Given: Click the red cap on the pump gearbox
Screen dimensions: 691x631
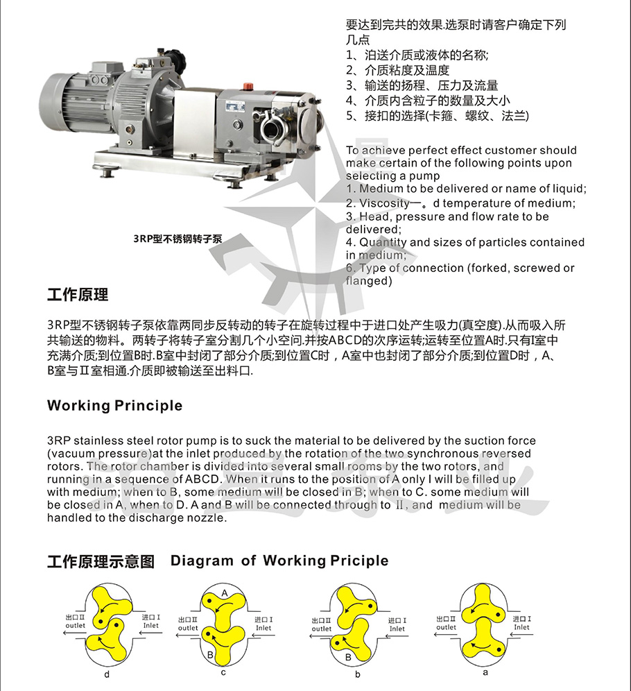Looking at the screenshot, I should (245, 85).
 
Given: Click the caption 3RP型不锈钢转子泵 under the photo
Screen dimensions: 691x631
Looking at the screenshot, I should (178, 238).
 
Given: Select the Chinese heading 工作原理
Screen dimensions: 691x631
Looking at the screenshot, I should (78, 295).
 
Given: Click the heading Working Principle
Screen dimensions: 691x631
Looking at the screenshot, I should (114, 406).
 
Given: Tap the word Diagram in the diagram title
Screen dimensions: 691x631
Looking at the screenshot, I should (200, 561).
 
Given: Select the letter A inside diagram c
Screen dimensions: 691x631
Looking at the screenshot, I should (224, 592).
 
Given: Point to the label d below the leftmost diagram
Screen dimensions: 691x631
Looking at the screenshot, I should (106, 673).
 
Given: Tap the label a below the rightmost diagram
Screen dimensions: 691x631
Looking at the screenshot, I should (485, 672).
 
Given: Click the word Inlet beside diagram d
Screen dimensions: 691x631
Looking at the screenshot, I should (150, 625).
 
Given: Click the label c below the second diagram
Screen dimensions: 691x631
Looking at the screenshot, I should (223, 672).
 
